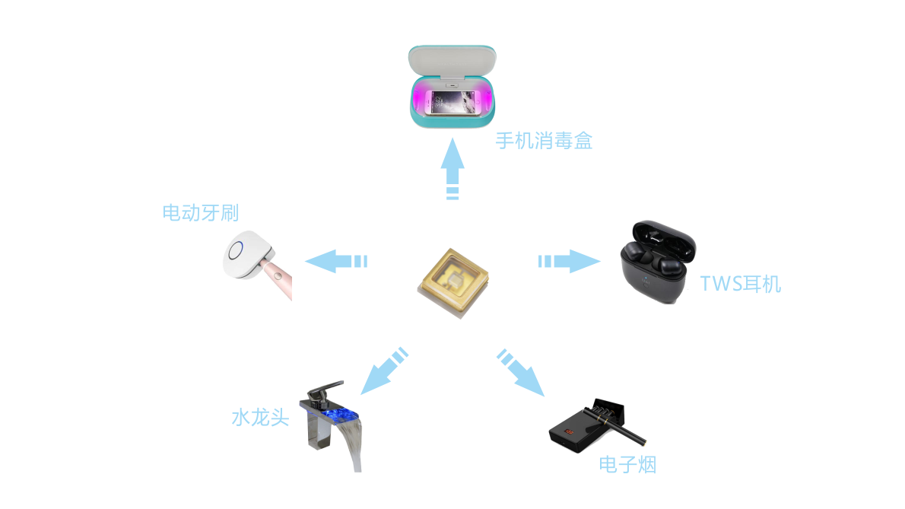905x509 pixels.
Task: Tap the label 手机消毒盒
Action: point(544,141)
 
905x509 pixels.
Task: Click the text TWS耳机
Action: point(740,285)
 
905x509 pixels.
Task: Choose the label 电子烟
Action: point(627,464)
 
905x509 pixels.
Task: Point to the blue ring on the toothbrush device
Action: point(236,249)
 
